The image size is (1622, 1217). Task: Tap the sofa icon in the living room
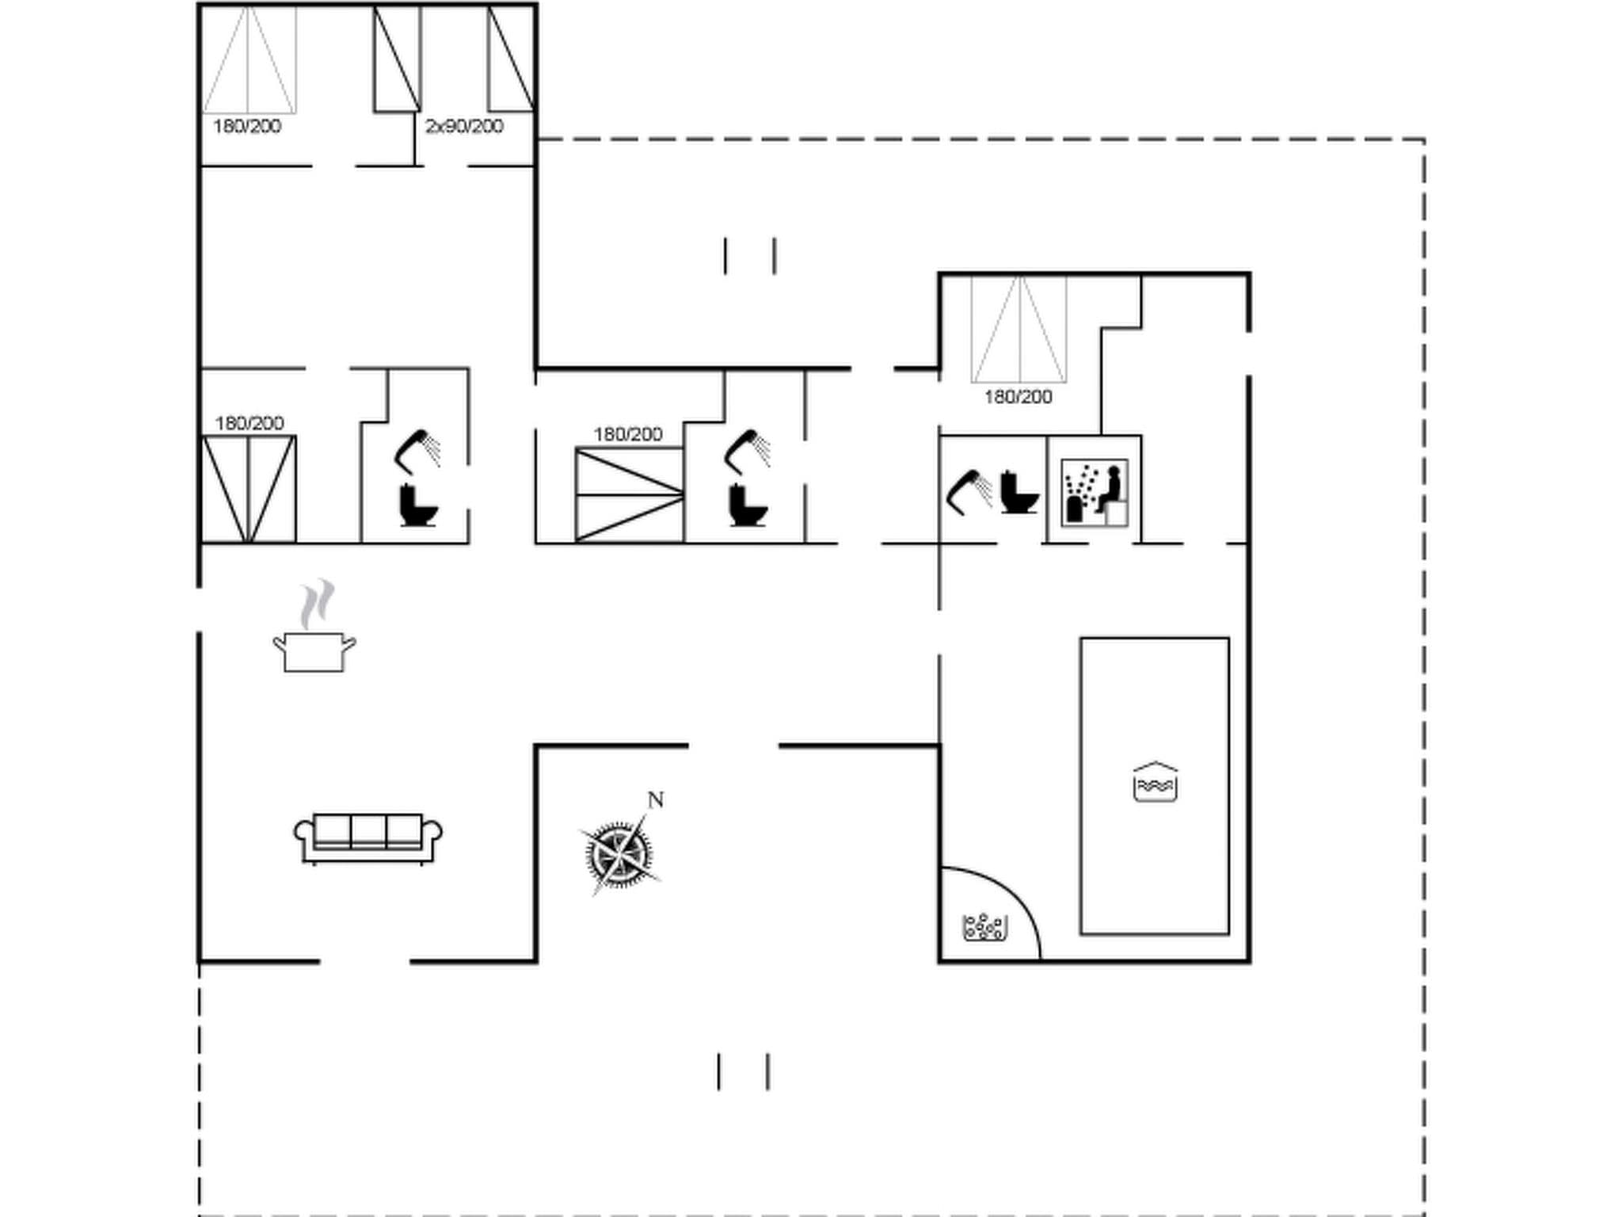click(368, 837)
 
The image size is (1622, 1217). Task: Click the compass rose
click(620, 854)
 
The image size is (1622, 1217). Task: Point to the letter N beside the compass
click(655, 800)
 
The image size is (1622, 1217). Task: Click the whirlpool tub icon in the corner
click(984, 926)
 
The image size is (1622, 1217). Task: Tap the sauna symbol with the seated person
click(1095, 493)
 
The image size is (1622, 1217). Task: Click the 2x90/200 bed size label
click(464, 127)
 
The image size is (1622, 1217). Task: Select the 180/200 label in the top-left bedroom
click(247, 127)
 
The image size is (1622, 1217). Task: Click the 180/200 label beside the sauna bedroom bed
click(1018, 397)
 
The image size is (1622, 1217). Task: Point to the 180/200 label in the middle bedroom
click(628, 434)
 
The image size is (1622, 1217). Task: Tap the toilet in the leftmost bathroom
click(418, 505)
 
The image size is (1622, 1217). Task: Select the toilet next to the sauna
click(1018, 493)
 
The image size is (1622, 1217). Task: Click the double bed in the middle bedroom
click(629, 495)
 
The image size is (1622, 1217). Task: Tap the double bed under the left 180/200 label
click(249, 489)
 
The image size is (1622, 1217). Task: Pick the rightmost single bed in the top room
click(511, 59)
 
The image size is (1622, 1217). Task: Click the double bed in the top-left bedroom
click(249, 59)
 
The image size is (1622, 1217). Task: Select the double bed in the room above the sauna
click(1019, 329)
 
